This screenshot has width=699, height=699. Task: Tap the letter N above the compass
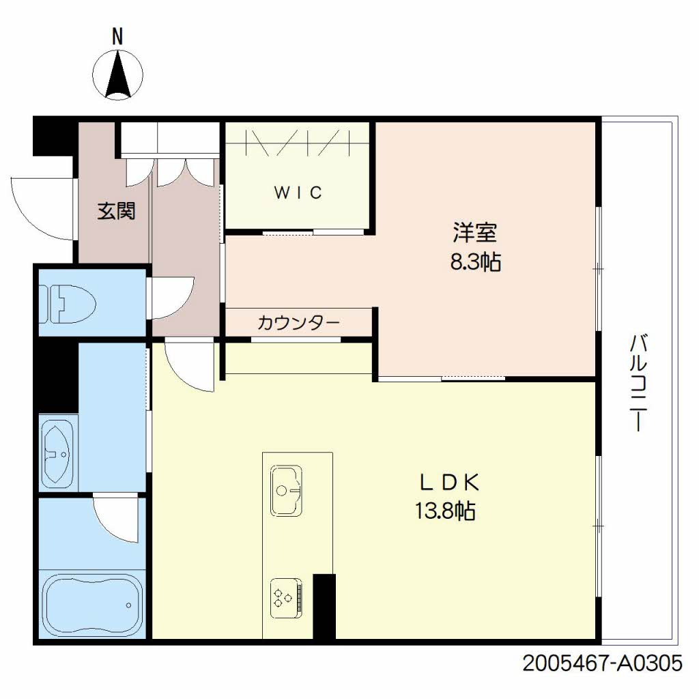click(117, 37)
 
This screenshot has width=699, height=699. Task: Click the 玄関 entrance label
click(115, 212)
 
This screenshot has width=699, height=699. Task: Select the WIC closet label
click(298, 193)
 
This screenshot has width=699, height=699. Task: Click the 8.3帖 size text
click(474, 261)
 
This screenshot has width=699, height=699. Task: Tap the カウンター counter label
click(298, 322)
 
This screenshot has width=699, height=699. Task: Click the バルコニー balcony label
click(638, 382)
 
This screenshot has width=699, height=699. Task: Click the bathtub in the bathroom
click(93, 605)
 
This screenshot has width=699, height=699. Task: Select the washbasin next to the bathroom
click(59, 452)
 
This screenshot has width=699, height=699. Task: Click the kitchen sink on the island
click(286, 490)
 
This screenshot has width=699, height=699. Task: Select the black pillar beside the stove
click(324, 606)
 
